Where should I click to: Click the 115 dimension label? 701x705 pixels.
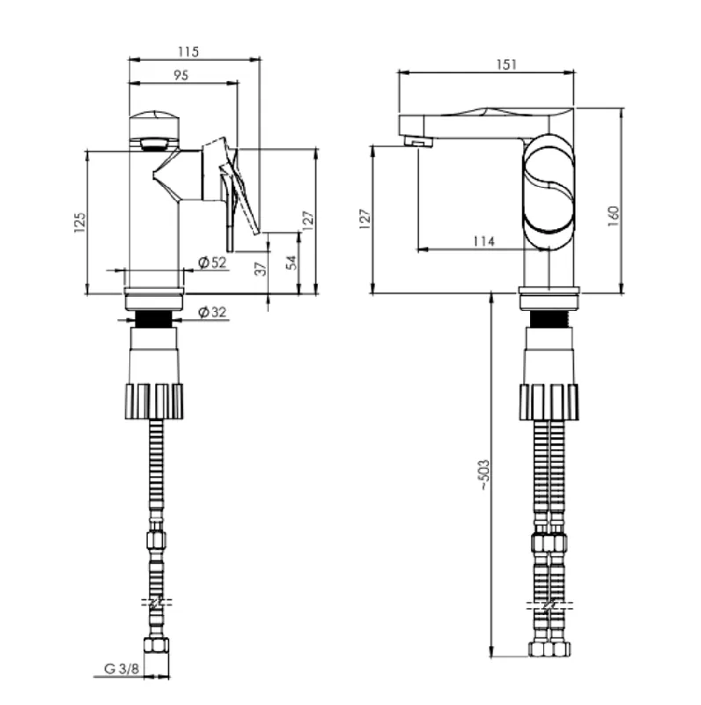point(188,52)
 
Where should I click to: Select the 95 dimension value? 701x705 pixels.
point(181,75)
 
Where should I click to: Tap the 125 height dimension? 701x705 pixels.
point(79,222)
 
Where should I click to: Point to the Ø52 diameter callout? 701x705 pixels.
point(212,262)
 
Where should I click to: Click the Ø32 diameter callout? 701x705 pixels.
point(212,312)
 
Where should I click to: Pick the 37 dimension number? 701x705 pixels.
point(261,269)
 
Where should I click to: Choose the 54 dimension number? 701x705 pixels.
point(291,262)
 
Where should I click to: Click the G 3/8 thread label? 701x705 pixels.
point(122,668)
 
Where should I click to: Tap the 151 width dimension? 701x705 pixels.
point(506,64)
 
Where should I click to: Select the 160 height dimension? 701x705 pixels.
point(613,216)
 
